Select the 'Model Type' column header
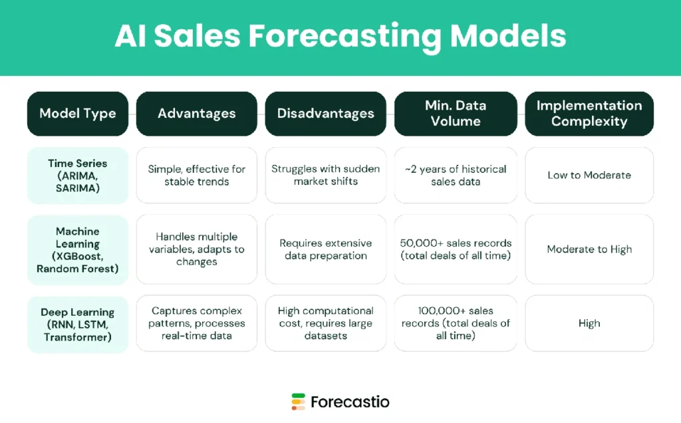click(x=77, y=113)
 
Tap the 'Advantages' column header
click(x=196, y=113)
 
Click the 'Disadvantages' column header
click(x=325, y=113)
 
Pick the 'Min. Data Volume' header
click(x=455, y=113)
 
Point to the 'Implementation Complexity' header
click(x=589, y=113)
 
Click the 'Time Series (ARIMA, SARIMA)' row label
click(x=77, y=176)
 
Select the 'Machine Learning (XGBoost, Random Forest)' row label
click(x=77, y=249)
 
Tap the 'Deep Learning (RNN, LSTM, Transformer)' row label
click(x=77, y=324)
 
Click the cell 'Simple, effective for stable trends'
click(x=196, y=176)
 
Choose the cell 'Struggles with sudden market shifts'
click(x=325, y=176)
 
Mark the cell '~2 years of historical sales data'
click(x=455, y=176)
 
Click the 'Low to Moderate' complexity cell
click(x=589, y=176)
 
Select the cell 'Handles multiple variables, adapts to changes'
click(x=196, y=249)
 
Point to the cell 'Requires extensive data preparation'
click(x=325, y=249)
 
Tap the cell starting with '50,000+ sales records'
click(x=455, y=249)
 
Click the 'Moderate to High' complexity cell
click(x=589, y=249)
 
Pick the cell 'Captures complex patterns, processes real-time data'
click(x=196, y=324)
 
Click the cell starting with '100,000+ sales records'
click(x=455, y=324)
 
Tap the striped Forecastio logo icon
click(x=298, y=402)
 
